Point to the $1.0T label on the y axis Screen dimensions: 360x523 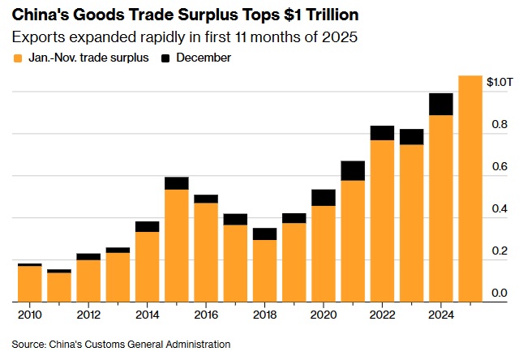point(499,82)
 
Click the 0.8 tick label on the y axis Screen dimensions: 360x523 point(499,125)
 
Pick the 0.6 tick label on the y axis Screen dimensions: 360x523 point(499,167)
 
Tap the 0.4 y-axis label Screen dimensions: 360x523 point(499,209)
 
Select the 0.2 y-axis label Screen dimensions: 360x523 point(499,251)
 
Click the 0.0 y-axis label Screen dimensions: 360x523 point(499,294)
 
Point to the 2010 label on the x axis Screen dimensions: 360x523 point(30,315)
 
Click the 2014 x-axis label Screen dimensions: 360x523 point(147,315)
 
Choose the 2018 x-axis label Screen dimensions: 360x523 point(264,315)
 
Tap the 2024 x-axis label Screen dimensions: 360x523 point(440,315)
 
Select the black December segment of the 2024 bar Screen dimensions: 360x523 point(440,104)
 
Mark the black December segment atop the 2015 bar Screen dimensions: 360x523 point(177,182)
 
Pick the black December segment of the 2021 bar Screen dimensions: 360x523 point(353,170)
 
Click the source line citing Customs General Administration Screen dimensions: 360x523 point(121,344)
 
